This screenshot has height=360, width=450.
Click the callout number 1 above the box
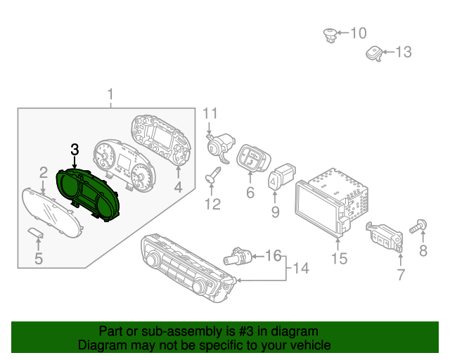pos(110,94)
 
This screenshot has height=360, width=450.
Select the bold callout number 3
pos(75,149)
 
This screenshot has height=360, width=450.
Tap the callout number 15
pos(339,259)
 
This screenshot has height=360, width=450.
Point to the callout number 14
pos(301,267)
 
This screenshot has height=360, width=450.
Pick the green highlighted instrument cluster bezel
pos(89,195)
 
